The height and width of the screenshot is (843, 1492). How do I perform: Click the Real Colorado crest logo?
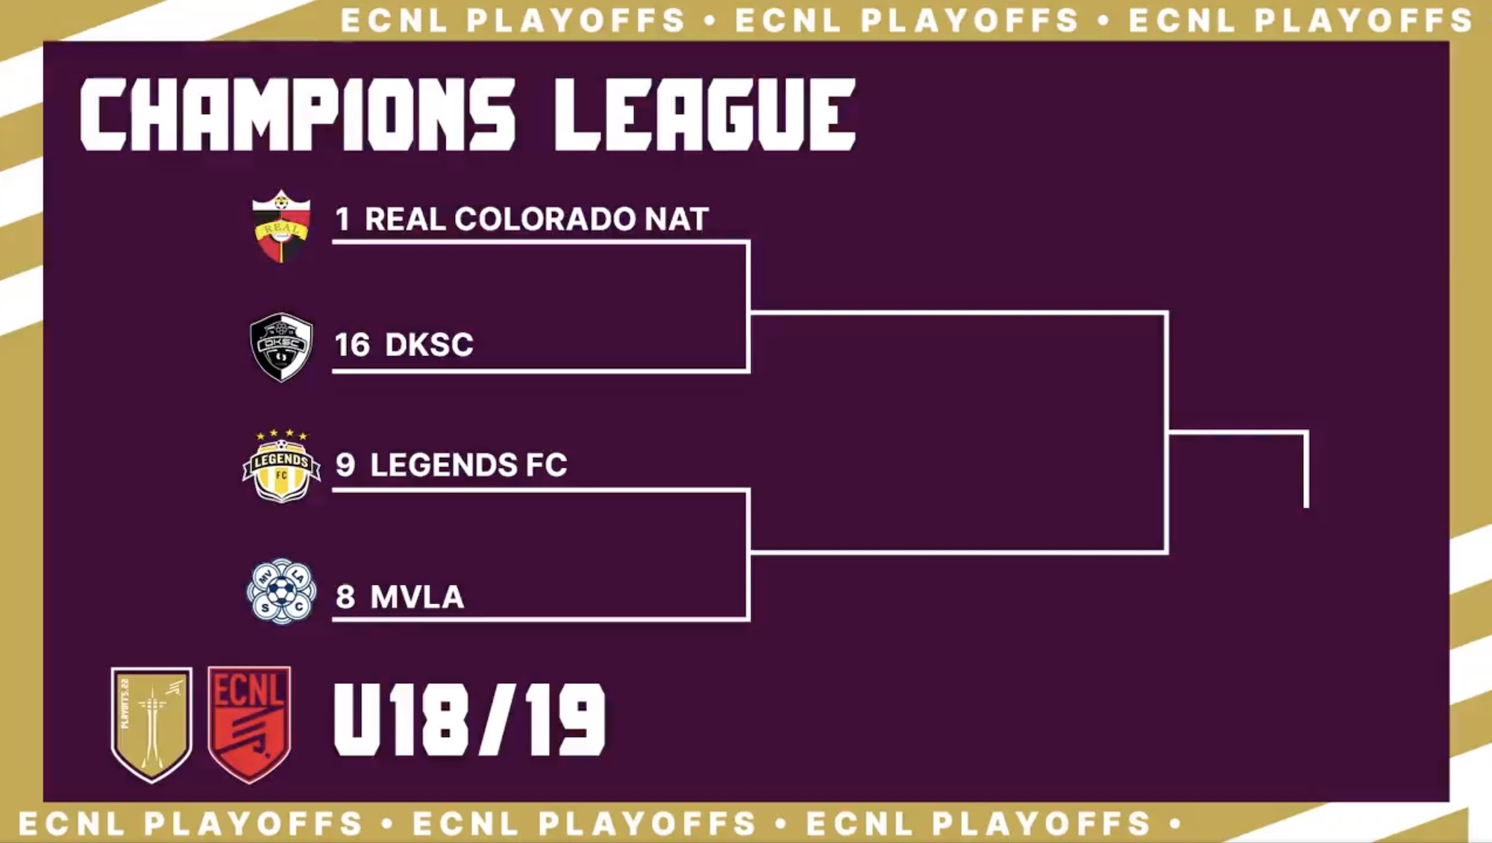tap(280, 227)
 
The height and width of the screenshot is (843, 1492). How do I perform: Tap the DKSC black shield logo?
tap(281, 347)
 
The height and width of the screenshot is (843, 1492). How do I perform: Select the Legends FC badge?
tap(281, 466)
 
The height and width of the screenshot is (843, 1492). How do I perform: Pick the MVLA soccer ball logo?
tap(281, 592)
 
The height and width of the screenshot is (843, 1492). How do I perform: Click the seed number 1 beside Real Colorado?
tap(342, 219)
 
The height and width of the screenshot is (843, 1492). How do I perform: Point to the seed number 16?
tap(352, 345)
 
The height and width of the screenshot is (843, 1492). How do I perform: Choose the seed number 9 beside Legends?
tap(345, 465)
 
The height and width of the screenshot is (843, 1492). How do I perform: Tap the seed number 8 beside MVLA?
tap(345, 597)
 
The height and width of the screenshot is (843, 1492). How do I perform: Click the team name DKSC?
tap(429, 345)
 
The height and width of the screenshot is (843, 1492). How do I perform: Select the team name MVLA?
tap(417, 597)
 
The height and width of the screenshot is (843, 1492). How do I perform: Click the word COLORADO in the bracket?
tap(545, 219)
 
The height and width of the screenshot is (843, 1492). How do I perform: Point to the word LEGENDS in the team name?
tap(444, 465)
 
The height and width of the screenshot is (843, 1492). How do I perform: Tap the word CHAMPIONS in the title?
tap(298, 114)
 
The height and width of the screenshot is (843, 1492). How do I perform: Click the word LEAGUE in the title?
tap(705, 114)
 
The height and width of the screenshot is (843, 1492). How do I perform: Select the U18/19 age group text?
tap(469, 720)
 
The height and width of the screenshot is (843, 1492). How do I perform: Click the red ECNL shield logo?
tap(249, 724)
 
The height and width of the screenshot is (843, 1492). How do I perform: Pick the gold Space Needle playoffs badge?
tap(151, 724)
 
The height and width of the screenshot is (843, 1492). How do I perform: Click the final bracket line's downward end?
tap(1306, 507)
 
